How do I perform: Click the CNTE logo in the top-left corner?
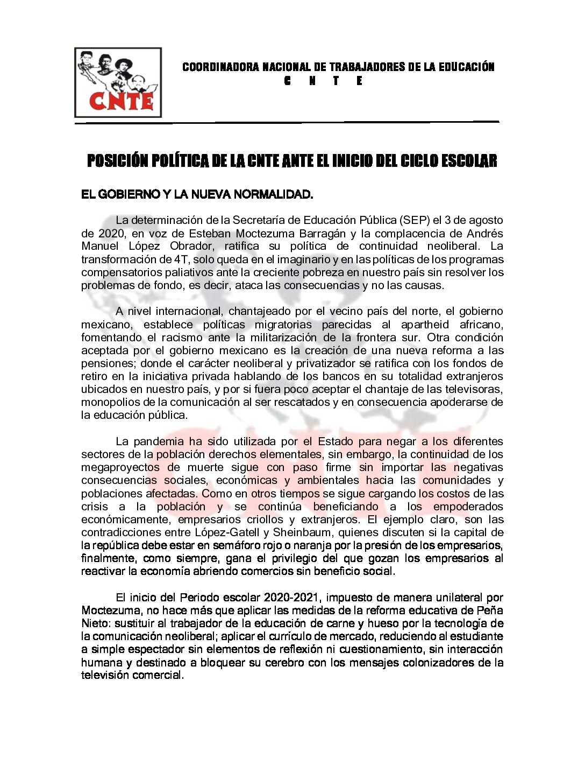point(118,82)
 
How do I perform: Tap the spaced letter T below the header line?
point(336,81)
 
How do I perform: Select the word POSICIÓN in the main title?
point(117,160)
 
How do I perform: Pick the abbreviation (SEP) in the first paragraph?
point(414,220)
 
